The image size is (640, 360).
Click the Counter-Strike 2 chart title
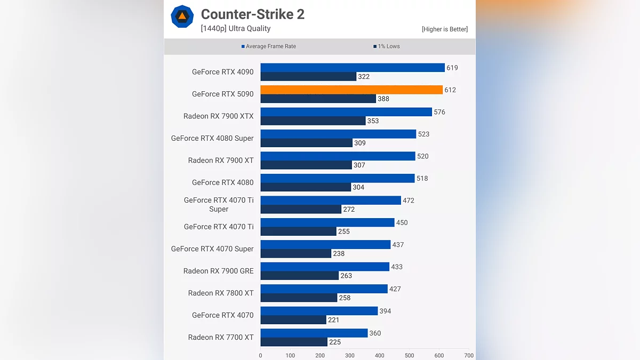click(x=252, y=14)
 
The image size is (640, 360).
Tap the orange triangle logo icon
click(x=182, y=17)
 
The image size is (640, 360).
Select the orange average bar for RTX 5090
click(x=351, y=90)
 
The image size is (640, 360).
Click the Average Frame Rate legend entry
click(x=269, y=46)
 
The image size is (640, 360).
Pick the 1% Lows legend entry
click(x=387, y=46)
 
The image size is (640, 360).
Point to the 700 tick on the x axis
click(x=469, y=355)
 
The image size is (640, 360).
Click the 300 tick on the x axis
click(x=350, y=355)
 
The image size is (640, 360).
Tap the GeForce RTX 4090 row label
click(x=223, y=72)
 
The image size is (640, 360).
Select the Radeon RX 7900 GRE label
click(x=219, y=271)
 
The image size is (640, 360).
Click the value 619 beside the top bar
click(x=452, y=68)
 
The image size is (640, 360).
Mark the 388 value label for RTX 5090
click(x=383, y=99)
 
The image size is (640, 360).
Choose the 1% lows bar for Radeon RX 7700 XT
click(x=294, y=342)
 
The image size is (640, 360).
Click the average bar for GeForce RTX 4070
click(x=319, y=311)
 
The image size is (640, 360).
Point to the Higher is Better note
click(x=444, y=29)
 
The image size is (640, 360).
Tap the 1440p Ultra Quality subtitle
click(x=236, y=29)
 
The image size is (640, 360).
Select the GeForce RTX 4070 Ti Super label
click(x=219, y=205)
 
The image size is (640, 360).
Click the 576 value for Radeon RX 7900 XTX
click(x=439, y=112)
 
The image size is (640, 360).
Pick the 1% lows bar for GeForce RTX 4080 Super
click(x=307, y=143)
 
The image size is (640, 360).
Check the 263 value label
click(x=346, y=276)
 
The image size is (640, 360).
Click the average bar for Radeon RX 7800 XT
click(x=324, y=289)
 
